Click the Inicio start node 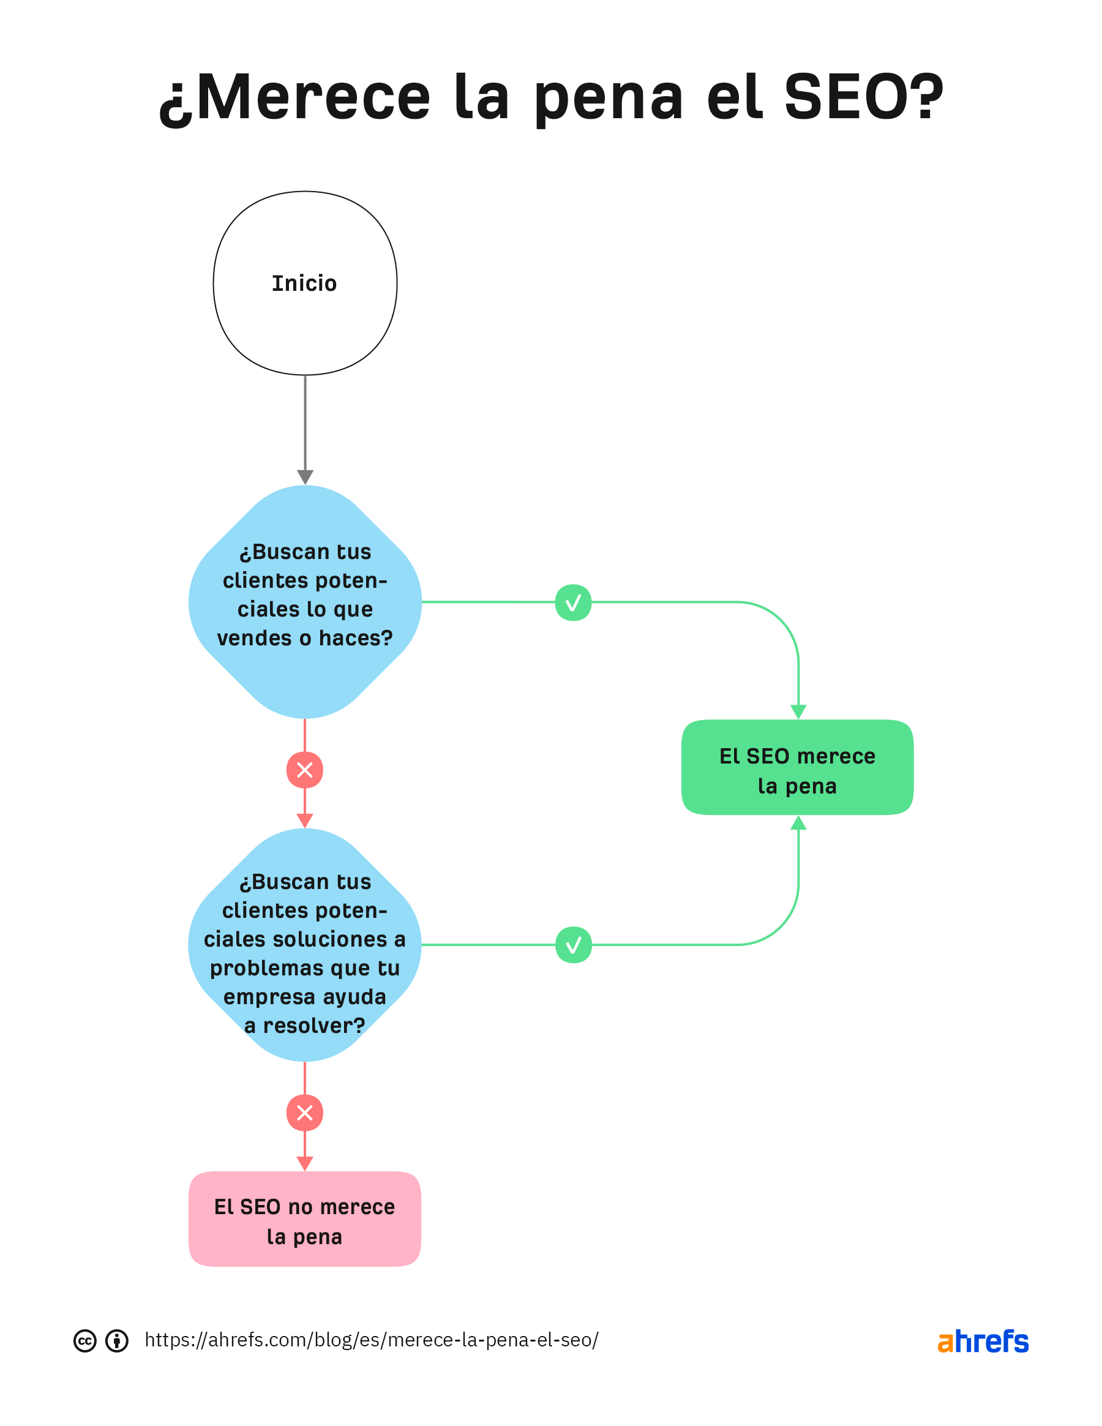pyautogui.click(x=305, y=283)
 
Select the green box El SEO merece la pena pyautogui.click(x=797, y=768)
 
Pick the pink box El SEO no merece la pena pyautogui.click(x=305, y=1220)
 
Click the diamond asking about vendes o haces pyautogui.click(x=305, y=602)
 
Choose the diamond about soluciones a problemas pyautogui.click(x=305, y=945)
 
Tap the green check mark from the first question pyautogui.click(x=573, y=602)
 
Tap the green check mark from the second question pyautogui.click(x=573, y=945)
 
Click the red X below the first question pyautogui.click(x=305, y=770)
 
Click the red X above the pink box pyautogui.click(x=305, y=1113)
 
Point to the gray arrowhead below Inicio pyautogui.click(x=305, y=476)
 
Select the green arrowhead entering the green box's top pyautogui.click(x=798, y=711)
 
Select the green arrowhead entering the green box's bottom pyautogui.click(x=798, y=824)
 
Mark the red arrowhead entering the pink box pyautogui.click(x=305, y=1163)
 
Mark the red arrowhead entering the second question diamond pyautogui.click(x=305, y=820)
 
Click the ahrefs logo pyautogui.click(x=983, y=1342)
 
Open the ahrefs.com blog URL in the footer pyautogui.click(x=372, y=1340)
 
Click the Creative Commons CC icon pyautogui.click(x=85, y=1341)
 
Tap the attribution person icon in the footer pyautogui.click(x=117, y=1341)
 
